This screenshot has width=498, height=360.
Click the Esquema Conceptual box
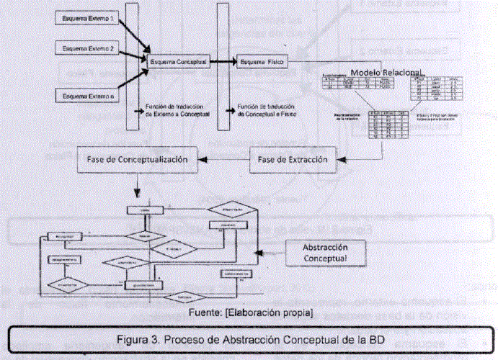click(179, 63)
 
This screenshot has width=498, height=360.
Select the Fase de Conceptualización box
click(137, 158)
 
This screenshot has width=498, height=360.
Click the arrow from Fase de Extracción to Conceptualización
click(223, 159)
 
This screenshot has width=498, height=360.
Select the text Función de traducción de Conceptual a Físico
click(267, 109)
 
